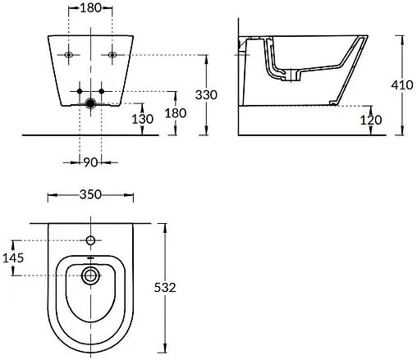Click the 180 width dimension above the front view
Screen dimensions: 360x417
point(90,9)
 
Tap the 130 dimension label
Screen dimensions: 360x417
point(143,119)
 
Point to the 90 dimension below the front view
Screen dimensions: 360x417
point(90,162)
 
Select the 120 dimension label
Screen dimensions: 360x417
point(371,120)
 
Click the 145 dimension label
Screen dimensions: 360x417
point(13,257)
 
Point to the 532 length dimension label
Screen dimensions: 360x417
point(167,288)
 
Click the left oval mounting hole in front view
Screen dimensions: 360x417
point(68,55)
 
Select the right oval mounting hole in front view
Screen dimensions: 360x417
point(112,55)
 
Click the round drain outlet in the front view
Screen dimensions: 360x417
point(90,104)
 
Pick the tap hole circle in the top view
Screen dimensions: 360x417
point(90,241)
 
